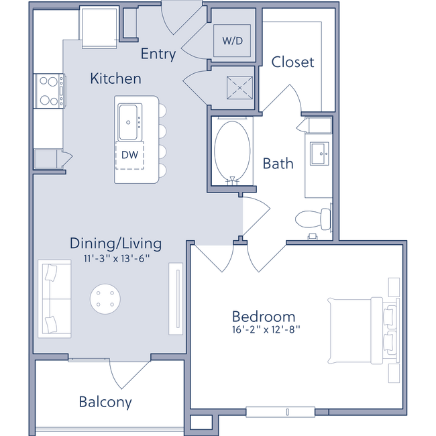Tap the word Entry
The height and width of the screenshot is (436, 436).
point(158,54)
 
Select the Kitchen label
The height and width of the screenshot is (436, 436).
point(115,79)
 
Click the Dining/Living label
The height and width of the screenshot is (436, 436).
point(115,243)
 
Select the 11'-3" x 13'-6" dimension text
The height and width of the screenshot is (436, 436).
point(115,258)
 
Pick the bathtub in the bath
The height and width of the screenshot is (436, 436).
point(233,150)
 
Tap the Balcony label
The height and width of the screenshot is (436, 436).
point(105,402)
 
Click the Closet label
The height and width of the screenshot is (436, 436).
point(292,62)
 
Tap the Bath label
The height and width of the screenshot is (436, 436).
point(278,163)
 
